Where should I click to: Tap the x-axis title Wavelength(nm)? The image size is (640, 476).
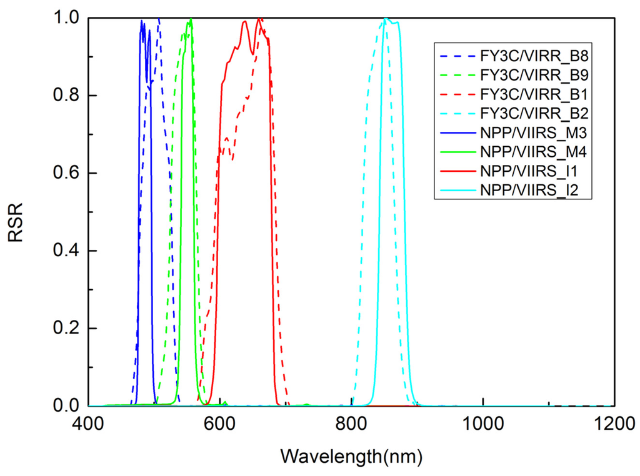pos(351,456)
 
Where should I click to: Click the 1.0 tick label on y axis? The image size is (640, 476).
pos(66,18)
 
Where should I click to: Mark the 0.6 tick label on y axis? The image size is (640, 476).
pos(66,173)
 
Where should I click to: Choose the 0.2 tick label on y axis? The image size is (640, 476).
pos(66,329)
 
